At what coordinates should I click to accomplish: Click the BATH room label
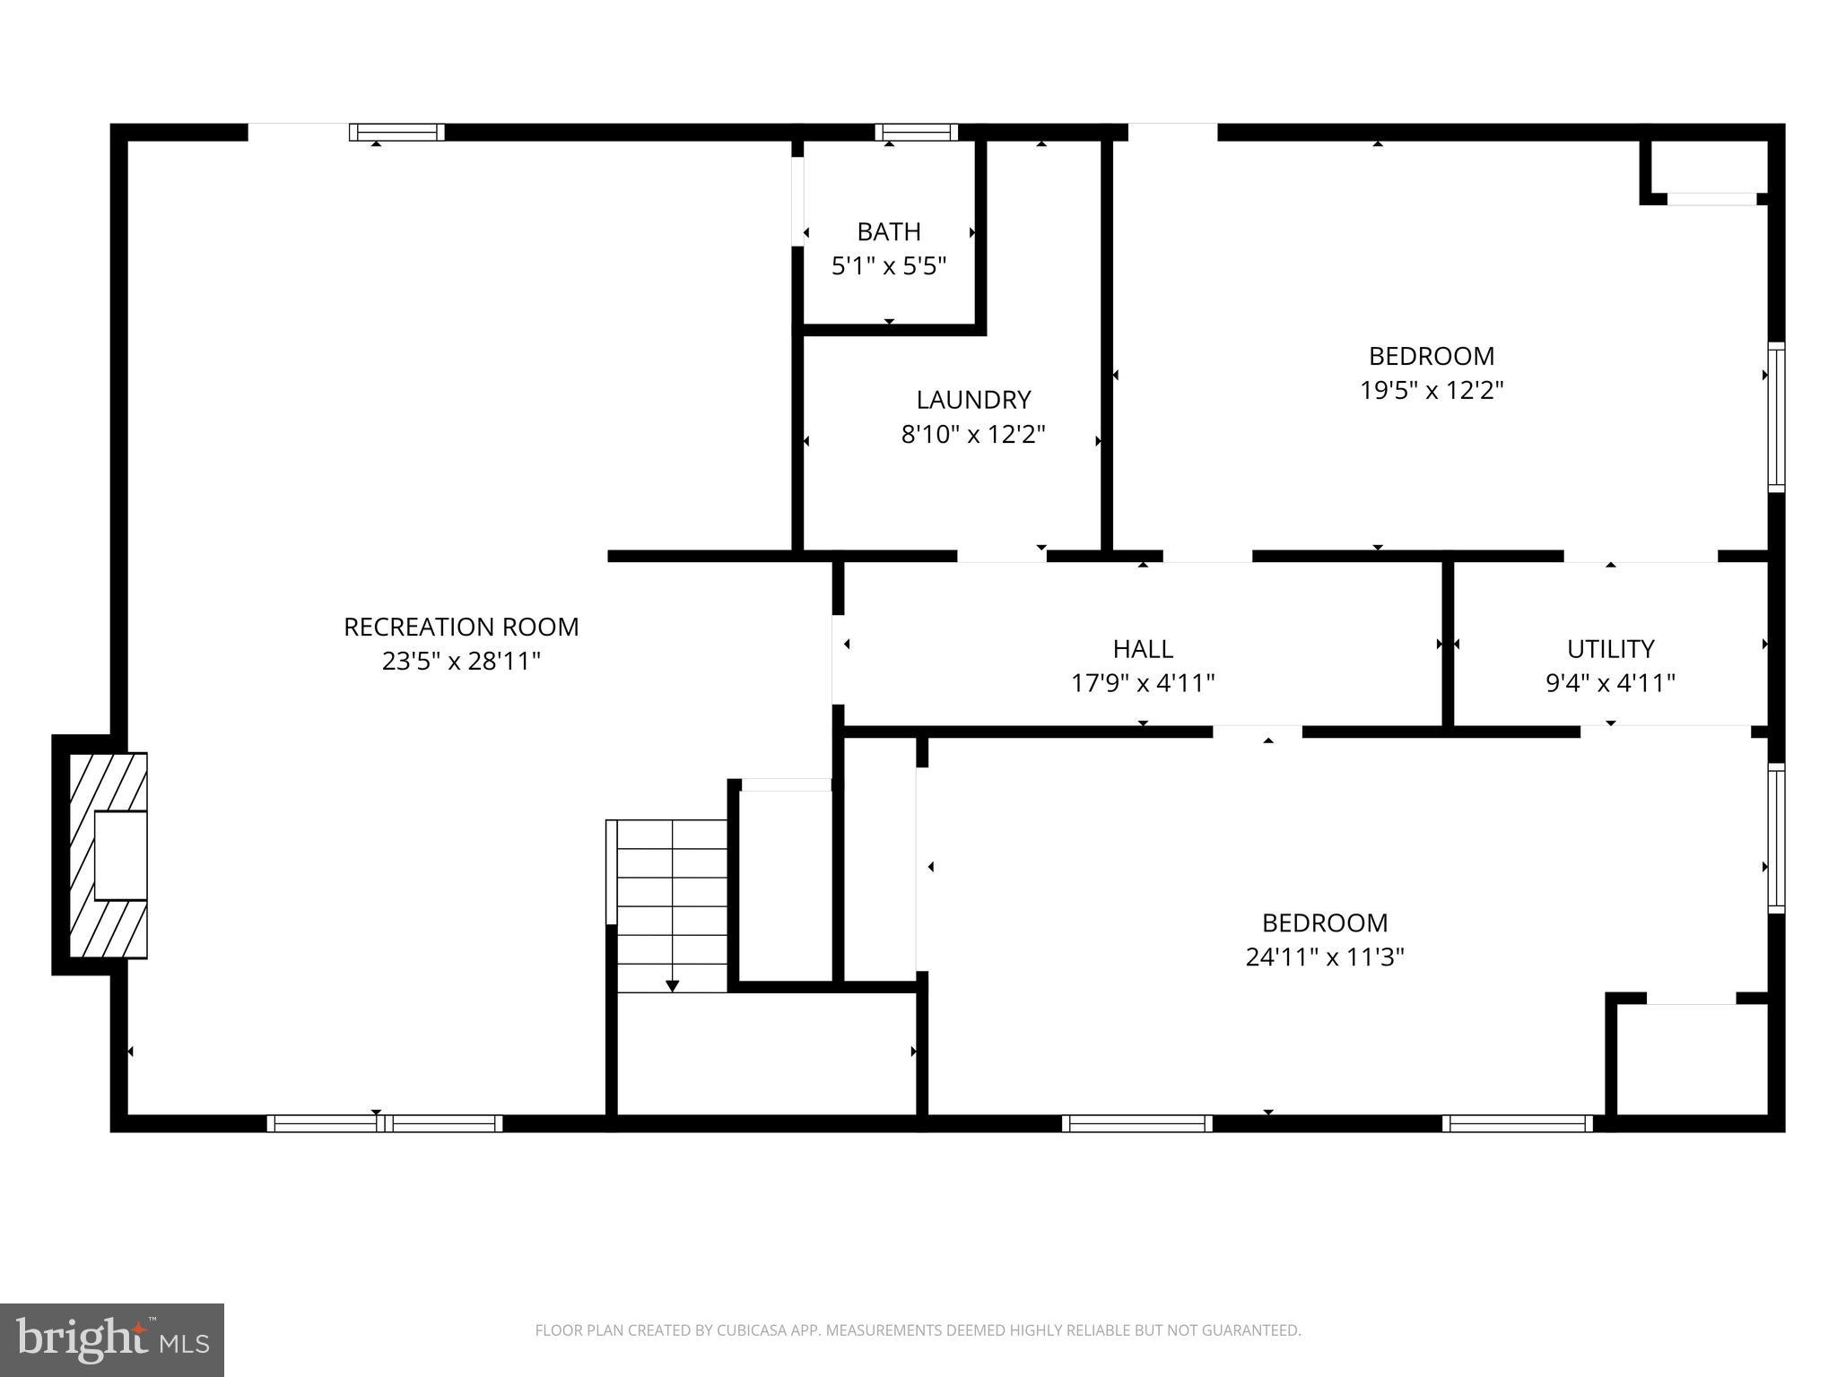888,232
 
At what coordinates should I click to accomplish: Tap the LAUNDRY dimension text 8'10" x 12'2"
973,435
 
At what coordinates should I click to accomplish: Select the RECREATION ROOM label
461,627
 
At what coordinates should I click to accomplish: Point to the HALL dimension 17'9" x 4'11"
1143,684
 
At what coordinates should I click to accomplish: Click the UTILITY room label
1610,648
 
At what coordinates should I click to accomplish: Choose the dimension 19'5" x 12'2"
1432,391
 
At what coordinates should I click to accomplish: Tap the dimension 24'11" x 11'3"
1324,957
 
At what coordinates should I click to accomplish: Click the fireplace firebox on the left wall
120,855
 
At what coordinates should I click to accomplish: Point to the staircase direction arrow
672,984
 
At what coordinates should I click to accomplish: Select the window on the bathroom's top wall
916,133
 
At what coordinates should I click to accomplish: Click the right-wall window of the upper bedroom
1775,417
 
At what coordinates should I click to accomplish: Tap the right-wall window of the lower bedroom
1775,838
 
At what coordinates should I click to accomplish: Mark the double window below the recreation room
384,1123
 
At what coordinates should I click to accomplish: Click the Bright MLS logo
111,1340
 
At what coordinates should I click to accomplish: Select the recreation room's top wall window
396,133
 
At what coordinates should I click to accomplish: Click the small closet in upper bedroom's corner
1710,167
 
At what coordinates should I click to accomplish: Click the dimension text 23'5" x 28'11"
461,662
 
